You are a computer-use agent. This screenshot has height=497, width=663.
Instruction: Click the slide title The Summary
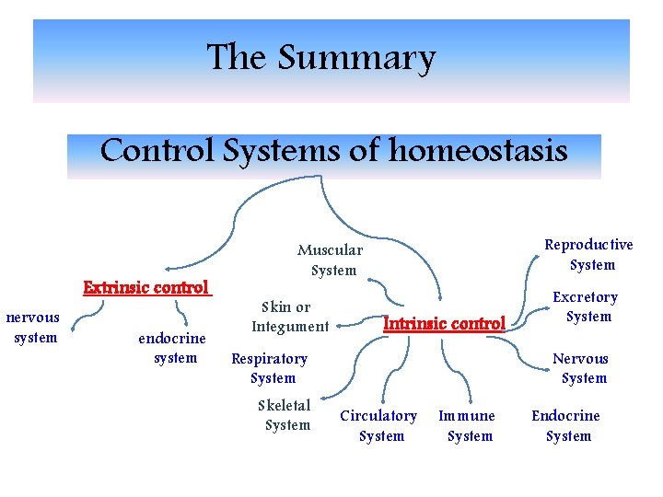(x=320, y=58)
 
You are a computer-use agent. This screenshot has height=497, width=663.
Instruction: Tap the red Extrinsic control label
(x=147, y=287)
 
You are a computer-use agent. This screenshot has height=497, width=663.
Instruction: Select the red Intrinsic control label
(x=444, y=323)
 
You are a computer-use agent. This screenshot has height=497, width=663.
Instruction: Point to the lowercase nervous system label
(x=33, y=328)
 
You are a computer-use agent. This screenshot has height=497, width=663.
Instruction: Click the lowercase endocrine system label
(x=171, y=349)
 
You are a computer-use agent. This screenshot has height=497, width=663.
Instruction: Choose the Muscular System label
(x=331, y=260)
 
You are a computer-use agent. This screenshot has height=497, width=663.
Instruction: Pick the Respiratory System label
(x=269, y=368)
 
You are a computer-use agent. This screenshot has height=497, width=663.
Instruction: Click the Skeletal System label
(x=285, y=415)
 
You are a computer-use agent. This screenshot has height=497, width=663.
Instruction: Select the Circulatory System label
(x=378, y=426)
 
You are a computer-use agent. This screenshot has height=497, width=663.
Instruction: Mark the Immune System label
(x=467, y=426)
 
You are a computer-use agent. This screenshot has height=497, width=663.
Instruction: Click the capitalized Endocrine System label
(x=565, y=426)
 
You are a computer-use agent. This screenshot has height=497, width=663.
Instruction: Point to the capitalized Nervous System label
(x=581, y=368)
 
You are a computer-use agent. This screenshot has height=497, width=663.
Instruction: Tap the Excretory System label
(x=586, y=306)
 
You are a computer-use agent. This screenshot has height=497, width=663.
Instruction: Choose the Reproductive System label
(x=589, y=255)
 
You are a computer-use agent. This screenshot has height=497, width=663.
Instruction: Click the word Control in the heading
(x=157, y=150)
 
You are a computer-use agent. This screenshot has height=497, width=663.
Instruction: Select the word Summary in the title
(x=355, y=58)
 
